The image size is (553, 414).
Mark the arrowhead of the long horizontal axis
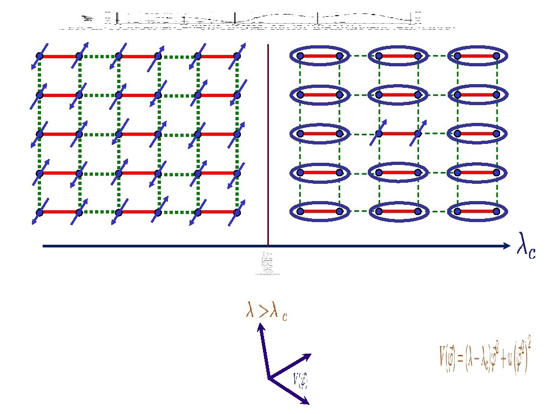506,246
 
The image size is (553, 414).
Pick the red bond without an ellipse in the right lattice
399,133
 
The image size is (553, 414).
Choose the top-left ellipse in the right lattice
319,56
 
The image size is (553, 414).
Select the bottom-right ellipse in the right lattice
477,212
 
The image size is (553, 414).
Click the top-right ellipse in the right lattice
477,56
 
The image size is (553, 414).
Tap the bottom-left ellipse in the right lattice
319,212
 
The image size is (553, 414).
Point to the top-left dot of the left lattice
39,56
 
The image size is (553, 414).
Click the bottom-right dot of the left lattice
237,212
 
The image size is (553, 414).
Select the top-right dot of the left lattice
237,56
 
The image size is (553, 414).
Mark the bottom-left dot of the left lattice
39,212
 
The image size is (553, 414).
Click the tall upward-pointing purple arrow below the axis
264,350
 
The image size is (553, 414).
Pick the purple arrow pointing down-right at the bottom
290,391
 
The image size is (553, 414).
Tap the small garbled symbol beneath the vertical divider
266,264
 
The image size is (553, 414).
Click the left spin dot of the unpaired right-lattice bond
380,133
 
